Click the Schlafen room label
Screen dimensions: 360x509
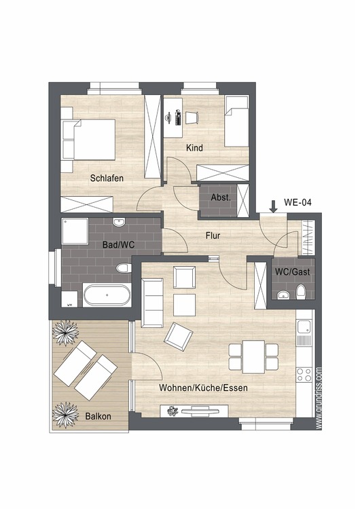tap(107, 178)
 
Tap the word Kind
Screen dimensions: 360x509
tap(194, 148)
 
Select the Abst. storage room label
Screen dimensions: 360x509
tap(221, 197)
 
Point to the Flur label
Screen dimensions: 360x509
tap(213, 235)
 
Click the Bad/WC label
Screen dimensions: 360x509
tap(118, 245)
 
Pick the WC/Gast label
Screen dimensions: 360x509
tap(293, 271)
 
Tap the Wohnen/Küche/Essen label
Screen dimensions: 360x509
tap(203, 388)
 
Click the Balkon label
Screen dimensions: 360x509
tap(98, 416)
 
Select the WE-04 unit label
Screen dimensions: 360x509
tap(298, 202)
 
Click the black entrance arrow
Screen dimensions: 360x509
tap(274, 206)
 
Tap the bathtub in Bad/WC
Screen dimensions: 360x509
tap(107, 295)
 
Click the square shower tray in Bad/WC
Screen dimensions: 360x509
tap(75, 231)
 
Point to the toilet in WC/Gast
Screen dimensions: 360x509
tap(301, 292)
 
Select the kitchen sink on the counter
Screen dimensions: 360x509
tap(304, 327)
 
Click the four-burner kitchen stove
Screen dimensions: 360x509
tap(304, 375)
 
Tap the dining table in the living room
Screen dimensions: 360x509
tap(253, 357)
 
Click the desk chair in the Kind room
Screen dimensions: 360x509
tap(192, 117)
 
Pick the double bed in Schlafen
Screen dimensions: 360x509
tap(88, 140)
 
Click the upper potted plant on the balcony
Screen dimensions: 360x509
tap(66, 333)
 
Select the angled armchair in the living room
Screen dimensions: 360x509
tap(179, 337)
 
